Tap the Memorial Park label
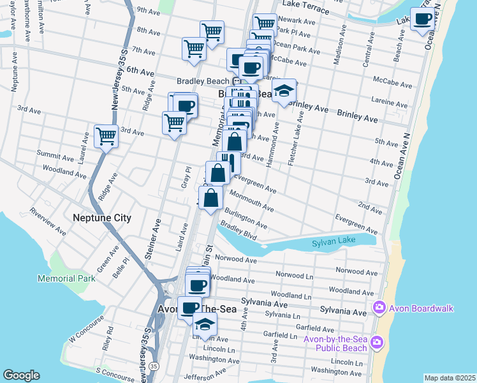click(66, 278)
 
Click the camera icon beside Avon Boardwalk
click(379, 308)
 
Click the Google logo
click(21, 375)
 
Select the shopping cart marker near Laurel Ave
click(106, 135)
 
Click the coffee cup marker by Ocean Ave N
click(422, 19)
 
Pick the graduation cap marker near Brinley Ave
click(284, 89)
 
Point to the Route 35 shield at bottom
click(154, 366)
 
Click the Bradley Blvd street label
click(238, 231)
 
